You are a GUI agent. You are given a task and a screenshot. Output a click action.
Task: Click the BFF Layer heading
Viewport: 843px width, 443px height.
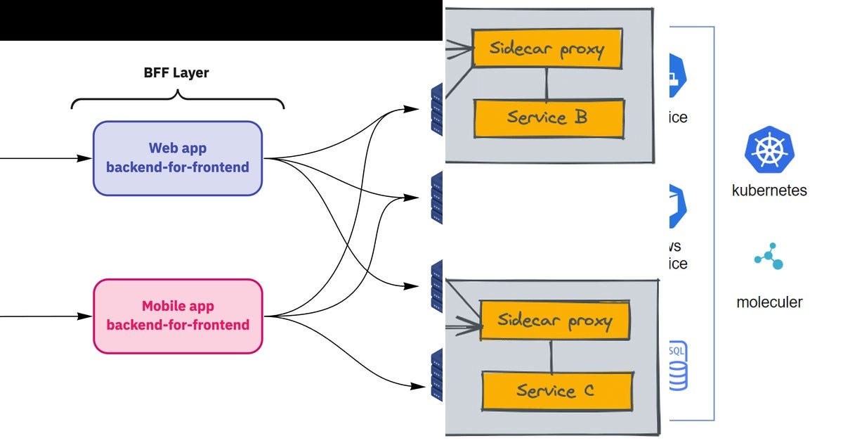(x=177, y=72)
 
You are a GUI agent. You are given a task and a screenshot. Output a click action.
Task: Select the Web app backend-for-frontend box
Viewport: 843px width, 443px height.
(x=178, y=158)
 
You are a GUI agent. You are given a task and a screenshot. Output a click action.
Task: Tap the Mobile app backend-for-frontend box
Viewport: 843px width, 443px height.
(x=178, y=316)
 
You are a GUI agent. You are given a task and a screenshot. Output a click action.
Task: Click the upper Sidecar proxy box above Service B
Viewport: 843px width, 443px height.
(x=547, y=49)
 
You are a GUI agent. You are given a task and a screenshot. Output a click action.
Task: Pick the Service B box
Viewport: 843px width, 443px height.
(x=549, y=117)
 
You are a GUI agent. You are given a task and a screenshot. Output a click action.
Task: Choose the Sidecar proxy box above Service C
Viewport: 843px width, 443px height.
(x=554, y=320)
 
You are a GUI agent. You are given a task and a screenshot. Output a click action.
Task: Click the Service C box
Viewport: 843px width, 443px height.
(x=555, y=390)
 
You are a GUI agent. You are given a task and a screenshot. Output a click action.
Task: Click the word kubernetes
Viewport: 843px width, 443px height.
(x=769, y=191)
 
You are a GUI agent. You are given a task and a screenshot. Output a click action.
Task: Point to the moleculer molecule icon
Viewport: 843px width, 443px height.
(x=769, y=257)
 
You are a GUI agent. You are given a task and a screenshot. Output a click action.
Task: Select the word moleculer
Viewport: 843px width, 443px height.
(x=769, y=303)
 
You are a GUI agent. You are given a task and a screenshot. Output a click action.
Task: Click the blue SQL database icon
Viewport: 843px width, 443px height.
(x=677, y=366)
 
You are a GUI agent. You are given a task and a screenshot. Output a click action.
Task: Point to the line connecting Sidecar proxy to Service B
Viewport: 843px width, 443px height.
(x=547, y=84)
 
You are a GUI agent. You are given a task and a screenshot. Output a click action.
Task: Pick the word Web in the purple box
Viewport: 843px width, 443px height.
(x=161, y=148)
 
